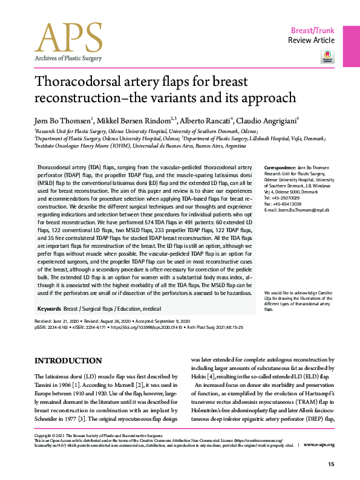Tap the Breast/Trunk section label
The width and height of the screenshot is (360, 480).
[313, 30]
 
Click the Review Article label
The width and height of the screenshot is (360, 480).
[311, 41]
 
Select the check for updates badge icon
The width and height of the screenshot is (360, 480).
[327, 57]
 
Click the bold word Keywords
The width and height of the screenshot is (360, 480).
[48, 308]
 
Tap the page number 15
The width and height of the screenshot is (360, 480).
[330, 464]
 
